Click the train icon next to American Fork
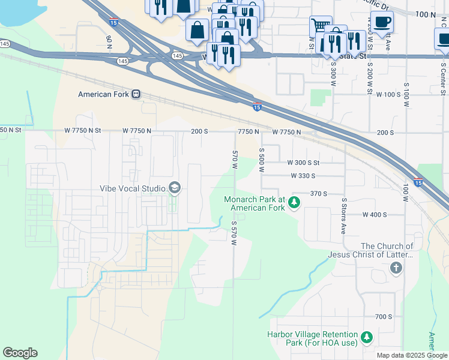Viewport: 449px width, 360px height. click(x=136, y=94)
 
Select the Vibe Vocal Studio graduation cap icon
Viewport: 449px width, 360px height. click(x=174, y=188)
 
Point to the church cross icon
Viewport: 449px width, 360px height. click(x=396, y=268)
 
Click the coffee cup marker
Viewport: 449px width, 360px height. click(x=382, y=23)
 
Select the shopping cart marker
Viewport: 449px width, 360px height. click(x=321, y=26)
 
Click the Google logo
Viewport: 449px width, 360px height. click(x=20, y=353)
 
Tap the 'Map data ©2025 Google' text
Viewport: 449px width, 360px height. click(x=411, y=355)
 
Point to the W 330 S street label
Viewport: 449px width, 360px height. click(x=311, y=176)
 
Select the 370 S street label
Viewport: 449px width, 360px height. click(x=319, y=194)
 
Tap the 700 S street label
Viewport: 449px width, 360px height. click(x=383, y=316)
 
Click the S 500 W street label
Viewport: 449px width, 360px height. click(x=261, y=160)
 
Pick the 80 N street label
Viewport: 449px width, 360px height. click(x=109, y=42)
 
